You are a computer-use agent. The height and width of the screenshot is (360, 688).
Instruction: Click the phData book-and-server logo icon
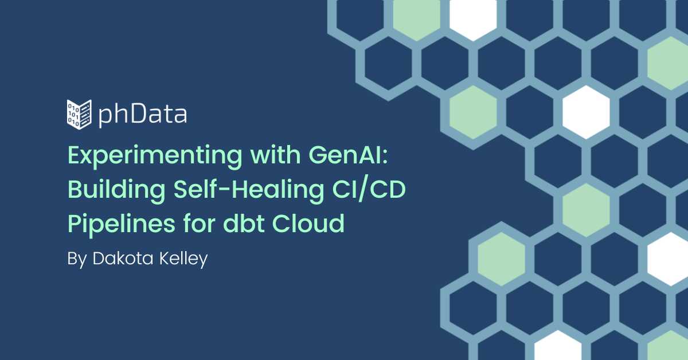coord(79,114)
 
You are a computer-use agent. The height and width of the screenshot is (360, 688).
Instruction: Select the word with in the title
coord(275,155)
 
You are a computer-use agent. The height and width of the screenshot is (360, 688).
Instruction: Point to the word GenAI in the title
coord(345,155)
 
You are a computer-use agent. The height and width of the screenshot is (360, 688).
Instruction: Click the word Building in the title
coord(116,190)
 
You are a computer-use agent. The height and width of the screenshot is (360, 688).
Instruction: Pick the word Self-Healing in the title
coord(249,190)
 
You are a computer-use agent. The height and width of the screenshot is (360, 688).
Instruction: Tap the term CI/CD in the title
coord(369,190)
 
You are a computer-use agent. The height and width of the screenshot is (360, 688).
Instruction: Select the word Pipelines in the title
coord(122,224)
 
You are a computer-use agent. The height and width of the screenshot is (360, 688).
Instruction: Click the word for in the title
coord(200,223)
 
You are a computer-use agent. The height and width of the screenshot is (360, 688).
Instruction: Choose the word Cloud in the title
coord(308,223)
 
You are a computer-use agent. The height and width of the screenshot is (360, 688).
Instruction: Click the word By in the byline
coord(77,259)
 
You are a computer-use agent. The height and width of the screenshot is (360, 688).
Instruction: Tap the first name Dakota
coord(123,259)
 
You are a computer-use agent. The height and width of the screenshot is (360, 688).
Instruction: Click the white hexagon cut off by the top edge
coord(473,17)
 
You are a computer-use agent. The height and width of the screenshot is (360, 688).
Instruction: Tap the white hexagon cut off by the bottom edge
coord(558,346)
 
